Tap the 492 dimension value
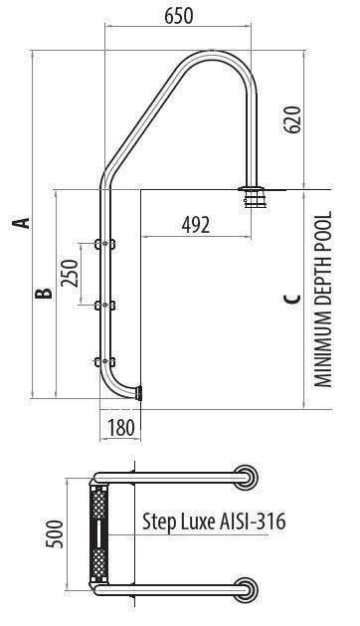pyautogui.click(x=195, y=225)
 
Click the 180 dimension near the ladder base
pyautogui.click(x=118, y=429)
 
